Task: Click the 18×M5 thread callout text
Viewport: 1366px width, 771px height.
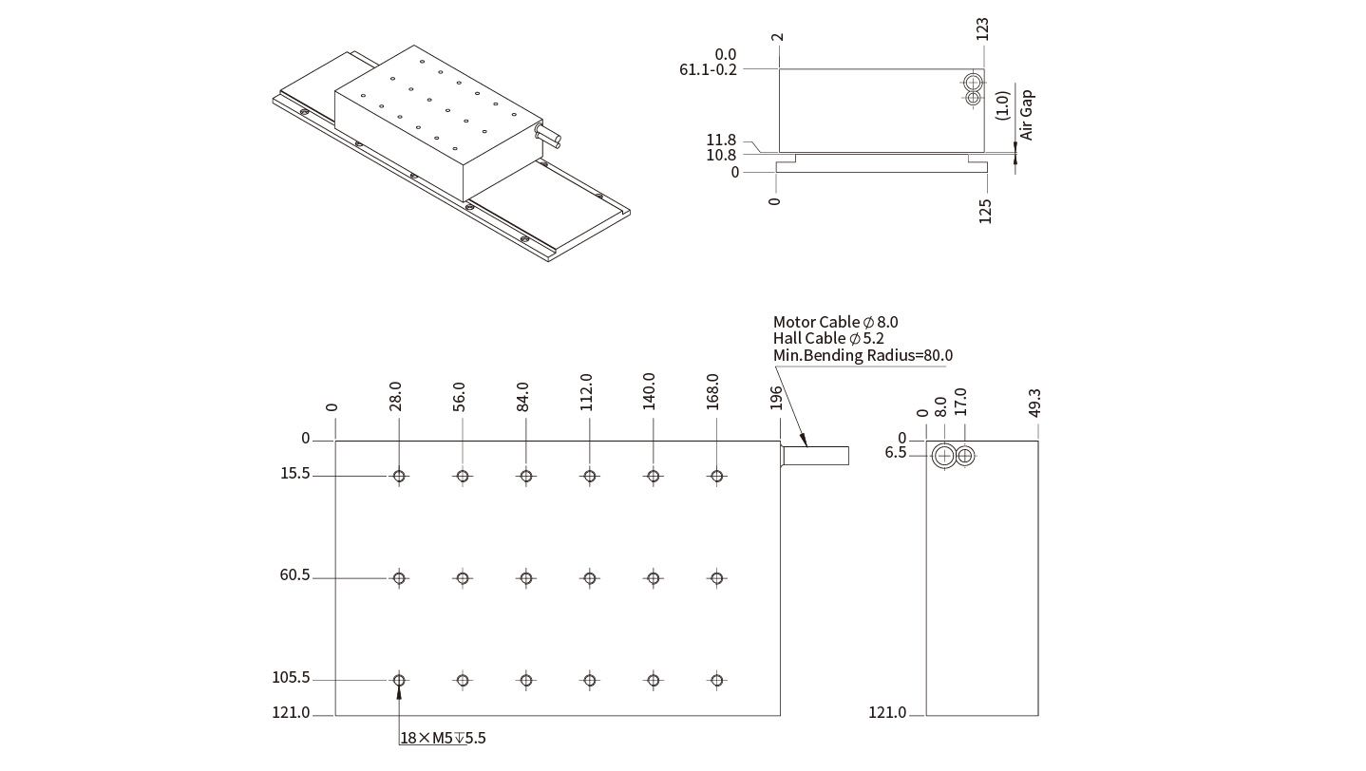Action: coord(443,738)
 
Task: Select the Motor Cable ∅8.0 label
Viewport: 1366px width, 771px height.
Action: coord(835,322)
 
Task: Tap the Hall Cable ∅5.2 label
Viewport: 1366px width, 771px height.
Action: coord(828,338)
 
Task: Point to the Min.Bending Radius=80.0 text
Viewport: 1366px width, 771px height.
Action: coord(863,355)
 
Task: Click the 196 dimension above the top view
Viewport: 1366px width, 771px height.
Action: coord(776,397)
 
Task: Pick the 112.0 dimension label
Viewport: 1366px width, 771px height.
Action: coord(586,391)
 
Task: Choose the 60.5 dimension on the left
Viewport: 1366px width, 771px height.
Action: coord(295,575)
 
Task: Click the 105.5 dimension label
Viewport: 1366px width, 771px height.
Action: coord(292,678)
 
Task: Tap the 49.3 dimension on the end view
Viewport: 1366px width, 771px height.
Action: coord(1034,402)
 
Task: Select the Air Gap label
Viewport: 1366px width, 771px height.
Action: coord(1026,115)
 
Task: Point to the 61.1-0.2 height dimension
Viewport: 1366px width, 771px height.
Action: coord(709,69)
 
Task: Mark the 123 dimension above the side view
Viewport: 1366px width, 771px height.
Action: coord(982,28)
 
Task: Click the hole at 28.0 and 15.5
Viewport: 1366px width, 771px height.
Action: coord(399,476)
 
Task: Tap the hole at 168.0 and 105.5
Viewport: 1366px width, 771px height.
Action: coord(717,680)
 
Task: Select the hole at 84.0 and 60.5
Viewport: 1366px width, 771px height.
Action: coord(526,577)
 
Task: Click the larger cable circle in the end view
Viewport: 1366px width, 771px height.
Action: coord(943,456)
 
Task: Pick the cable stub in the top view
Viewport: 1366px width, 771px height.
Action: coord(815,455)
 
